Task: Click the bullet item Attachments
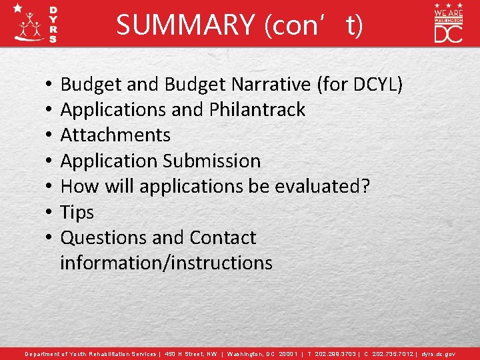tap(115, 135)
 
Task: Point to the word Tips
tap(77, 213)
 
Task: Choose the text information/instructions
tap(166, 263)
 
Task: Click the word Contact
tap(223, 238)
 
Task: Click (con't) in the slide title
tap(314, 25)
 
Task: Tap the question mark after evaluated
tap(364, 187)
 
